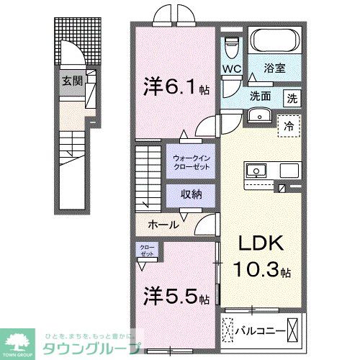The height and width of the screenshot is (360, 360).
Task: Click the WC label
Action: click(230, 69)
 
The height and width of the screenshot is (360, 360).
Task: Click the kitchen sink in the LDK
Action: click(257, 171)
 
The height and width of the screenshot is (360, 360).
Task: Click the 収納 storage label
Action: click(191, 194)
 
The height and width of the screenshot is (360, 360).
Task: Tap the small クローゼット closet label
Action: click(147, 251)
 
